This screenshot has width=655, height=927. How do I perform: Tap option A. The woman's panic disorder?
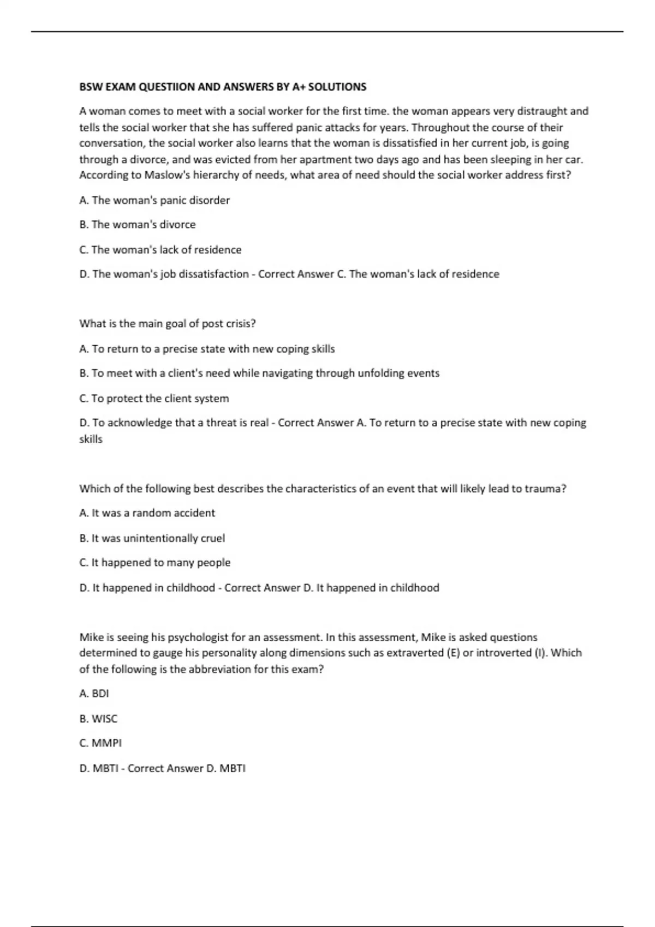(154, 200)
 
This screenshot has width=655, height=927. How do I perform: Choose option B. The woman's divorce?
(138, 225)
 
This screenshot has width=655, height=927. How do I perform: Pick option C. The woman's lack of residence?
(160, 250)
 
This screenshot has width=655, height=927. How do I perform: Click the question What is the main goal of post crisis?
(168, 323)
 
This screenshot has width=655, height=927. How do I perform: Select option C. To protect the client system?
(154, 398)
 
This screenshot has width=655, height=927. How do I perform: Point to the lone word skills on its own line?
(91, 439)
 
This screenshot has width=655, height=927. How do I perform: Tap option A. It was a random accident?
(147, 513)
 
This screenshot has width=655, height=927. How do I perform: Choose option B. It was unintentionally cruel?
(152, 538)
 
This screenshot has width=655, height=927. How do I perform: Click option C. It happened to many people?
(155, 562)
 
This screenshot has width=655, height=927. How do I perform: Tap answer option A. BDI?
(94, 694)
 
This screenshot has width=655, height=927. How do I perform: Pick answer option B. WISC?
(98, 719)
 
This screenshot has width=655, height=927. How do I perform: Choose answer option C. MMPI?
(100, 743)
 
